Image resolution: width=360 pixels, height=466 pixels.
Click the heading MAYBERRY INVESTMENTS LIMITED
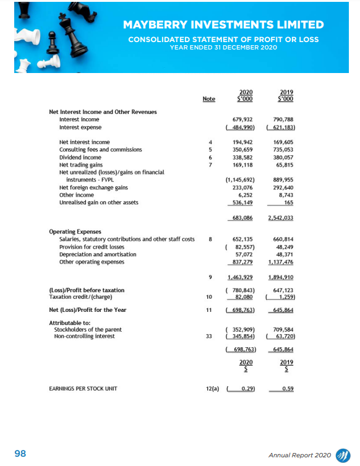223,25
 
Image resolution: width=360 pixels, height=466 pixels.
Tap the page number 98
20,454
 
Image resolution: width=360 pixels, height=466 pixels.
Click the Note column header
209,99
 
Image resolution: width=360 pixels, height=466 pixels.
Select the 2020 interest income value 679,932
242,119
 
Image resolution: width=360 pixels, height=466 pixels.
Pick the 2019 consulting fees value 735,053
283,150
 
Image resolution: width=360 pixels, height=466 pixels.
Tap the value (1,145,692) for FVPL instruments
240,179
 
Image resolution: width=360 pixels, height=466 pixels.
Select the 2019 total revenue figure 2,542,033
281,218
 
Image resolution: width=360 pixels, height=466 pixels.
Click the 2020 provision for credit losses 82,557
241,247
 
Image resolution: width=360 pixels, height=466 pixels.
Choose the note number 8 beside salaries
210,239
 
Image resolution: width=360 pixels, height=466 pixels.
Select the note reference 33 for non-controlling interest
210,337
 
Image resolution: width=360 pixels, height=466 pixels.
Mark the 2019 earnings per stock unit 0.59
286,389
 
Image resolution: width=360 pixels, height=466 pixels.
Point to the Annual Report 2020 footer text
300,455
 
